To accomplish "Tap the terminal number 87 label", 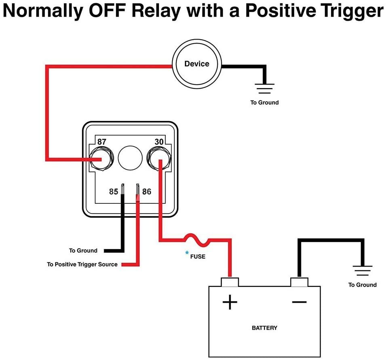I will pos(102,142).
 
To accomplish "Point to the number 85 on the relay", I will pos(114,191).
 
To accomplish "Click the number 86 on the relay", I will pos(147,191).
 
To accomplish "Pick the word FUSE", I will pos(198,256).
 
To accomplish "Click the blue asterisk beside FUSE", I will pos(187,253).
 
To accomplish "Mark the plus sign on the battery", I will pos(230,302).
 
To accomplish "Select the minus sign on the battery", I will pos(299,301).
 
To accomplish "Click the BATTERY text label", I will pos(264,328).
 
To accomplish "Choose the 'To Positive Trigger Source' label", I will pos(82,264).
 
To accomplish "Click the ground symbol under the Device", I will pos(264,88).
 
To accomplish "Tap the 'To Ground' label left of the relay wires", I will pos(83,251).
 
